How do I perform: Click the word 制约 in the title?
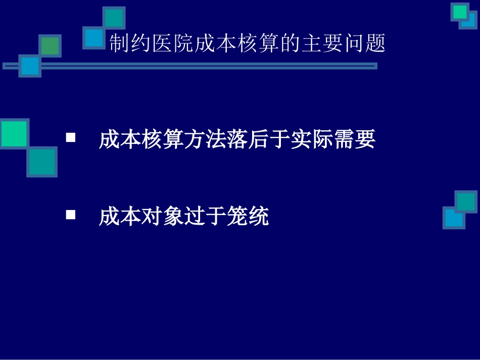pos(131,43)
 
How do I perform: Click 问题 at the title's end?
pos(364,43)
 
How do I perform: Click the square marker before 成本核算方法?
pos(71,137)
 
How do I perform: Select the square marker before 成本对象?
pos(71,215)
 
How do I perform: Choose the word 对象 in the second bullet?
pos(163,218)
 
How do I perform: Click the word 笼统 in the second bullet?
pos(248,218)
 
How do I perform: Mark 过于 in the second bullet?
pos(206,218)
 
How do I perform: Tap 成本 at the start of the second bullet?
pos(120,218)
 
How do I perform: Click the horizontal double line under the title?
pos(202,66)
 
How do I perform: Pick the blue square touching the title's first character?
pos(94,37)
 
